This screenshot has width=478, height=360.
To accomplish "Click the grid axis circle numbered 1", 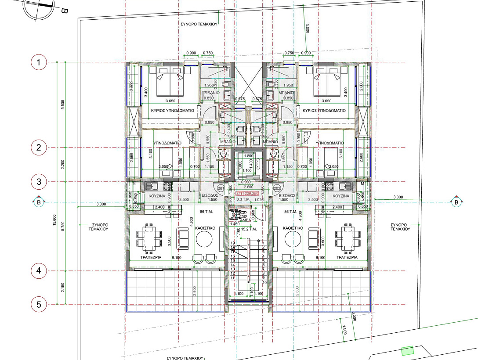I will [x=39, y=62].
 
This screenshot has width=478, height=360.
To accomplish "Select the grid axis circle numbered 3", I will [x=39, y=181].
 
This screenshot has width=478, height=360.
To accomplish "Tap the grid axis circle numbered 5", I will [x=39, y=304].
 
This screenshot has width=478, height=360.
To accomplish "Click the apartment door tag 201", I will [x=221, y=188].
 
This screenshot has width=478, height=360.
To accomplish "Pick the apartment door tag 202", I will [x=277, y=188].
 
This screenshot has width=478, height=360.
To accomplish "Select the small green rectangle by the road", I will [x=407, y=350].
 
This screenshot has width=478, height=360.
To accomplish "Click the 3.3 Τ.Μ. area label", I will [x=243, y=200].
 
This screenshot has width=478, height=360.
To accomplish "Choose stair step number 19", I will [x=233, y=243].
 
